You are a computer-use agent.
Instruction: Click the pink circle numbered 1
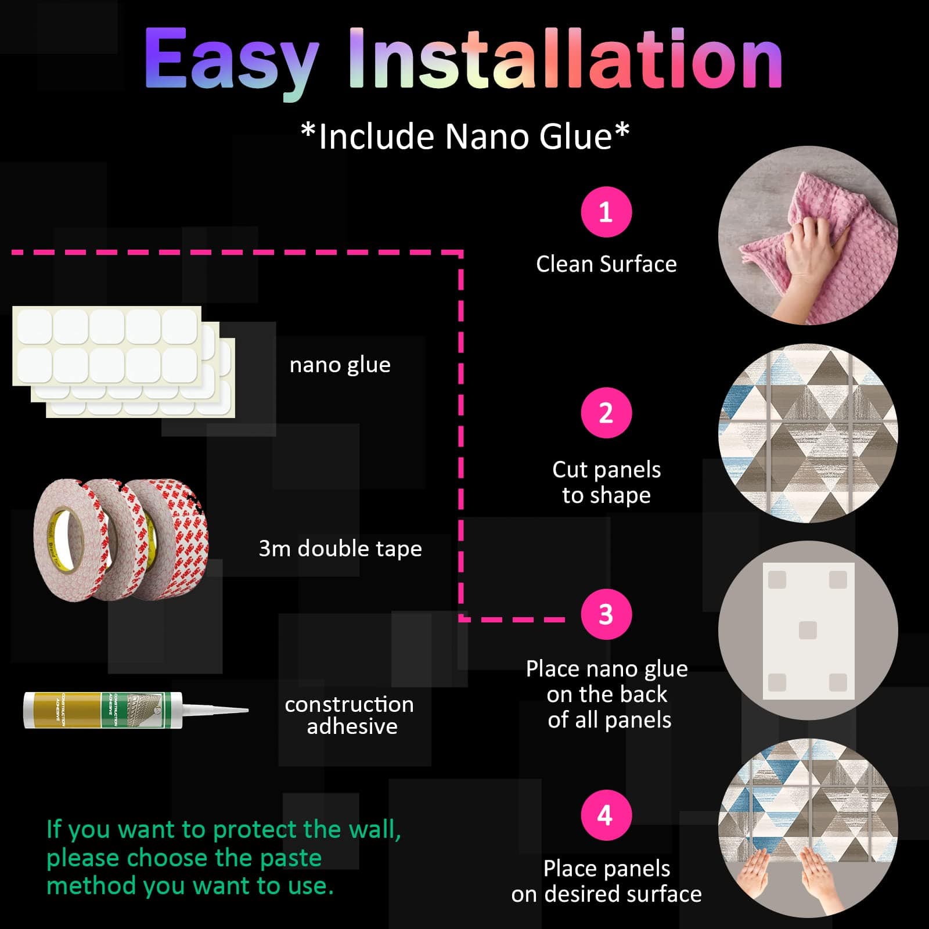tap(606, 212)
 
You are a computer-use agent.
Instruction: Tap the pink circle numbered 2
tap(606, 413)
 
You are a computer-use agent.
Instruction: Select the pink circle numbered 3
tap(606, 614)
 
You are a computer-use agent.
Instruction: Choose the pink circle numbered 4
tap(606, 815)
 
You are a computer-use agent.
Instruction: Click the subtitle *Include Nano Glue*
tap(465, 136)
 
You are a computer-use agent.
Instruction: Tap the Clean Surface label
tap(606, 264)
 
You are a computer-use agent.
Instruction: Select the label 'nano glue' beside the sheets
tap(340, 365)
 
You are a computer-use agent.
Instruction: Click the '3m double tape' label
tap(340, 549)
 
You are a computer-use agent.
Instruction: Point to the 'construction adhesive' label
tap(350, 715)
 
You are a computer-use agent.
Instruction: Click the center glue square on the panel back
tap(808, 630)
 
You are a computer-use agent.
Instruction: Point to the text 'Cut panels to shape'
tap(606, 482)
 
